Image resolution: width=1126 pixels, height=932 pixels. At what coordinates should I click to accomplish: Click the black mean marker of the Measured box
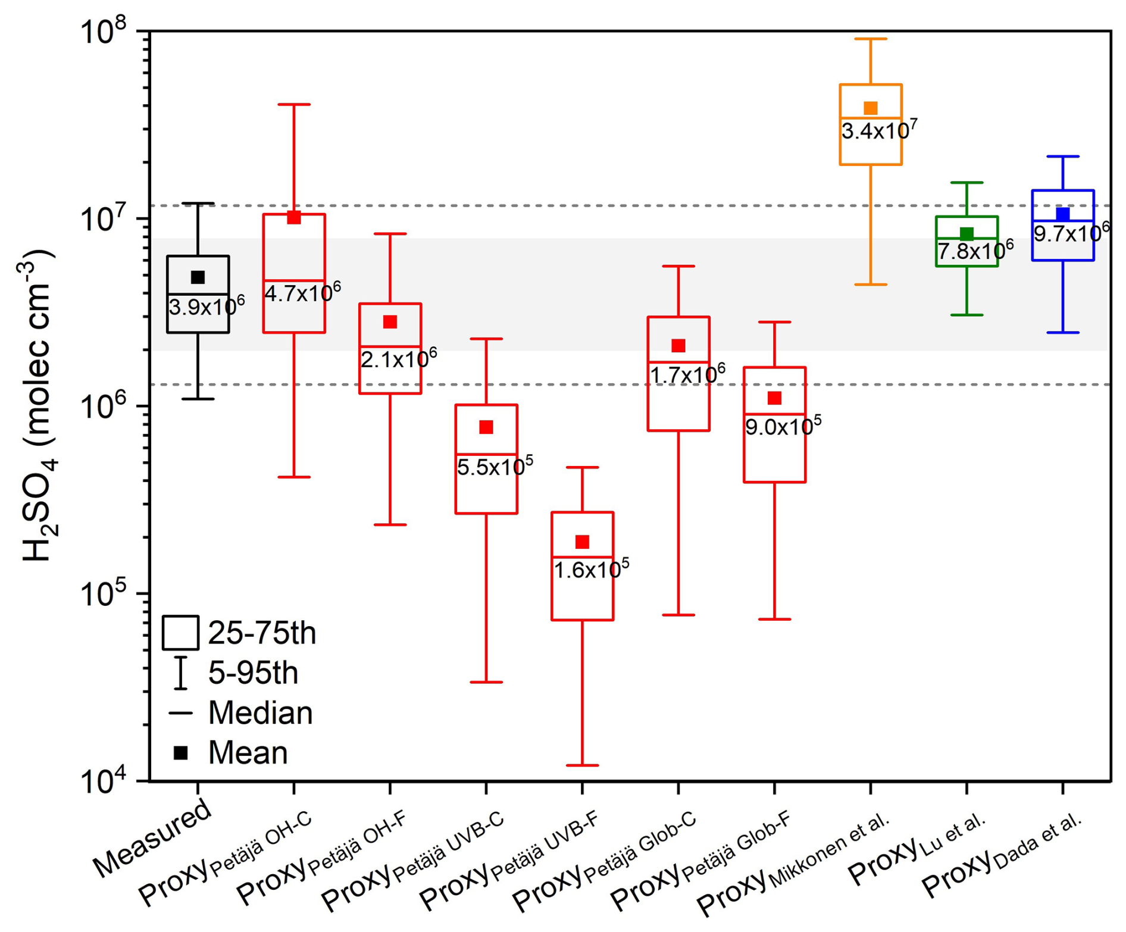point(198,277)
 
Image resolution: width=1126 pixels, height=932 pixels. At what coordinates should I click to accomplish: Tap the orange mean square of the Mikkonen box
point(870,108)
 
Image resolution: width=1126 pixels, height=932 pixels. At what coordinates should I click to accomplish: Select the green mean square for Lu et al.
point(967,234)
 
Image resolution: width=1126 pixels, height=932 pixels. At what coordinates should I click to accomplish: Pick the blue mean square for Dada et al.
point(1062,214)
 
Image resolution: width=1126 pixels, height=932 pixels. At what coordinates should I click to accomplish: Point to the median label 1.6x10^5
point(591,570)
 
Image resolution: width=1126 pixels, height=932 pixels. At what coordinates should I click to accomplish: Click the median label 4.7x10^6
point(302,293)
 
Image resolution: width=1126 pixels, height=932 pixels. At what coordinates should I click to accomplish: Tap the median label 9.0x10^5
point(783,426)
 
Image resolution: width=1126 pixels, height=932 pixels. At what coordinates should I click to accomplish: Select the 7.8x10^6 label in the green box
point(975,251)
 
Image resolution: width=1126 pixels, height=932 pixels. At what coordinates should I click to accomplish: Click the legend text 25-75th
point(262,633)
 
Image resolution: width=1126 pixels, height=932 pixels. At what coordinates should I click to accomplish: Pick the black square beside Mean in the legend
point(180,753)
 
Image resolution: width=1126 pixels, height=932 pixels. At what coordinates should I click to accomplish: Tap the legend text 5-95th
point(253,673)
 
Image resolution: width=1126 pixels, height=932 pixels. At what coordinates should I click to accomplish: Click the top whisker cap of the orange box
point(870,39)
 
